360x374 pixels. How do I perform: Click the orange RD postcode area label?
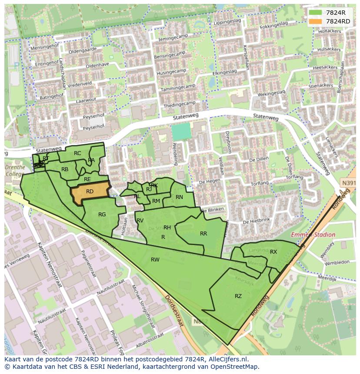(x=90, y=192)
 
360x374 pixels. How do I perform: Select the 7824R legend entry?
(x=335, y=13)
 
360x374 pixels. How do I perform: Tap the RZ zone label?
(x=238, y=296)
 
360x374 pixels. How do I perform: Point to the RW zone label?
(x=155, y=260)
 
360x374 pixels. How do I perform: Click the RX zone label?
(x=273, y=252)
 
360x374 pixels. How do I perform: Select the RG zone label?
(x=102, y=215)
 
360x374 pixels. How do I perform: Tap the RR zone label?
(x=203, y=234)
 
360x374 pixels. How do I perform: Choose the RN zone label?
(x=179, y=197)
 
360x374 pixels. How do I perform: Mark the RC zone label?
(x=77, y=153)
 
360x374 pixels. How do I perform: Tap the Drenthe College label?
(x=15, y=170)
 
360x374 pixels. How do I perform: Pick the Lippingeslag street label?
(x=227, y=21)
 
